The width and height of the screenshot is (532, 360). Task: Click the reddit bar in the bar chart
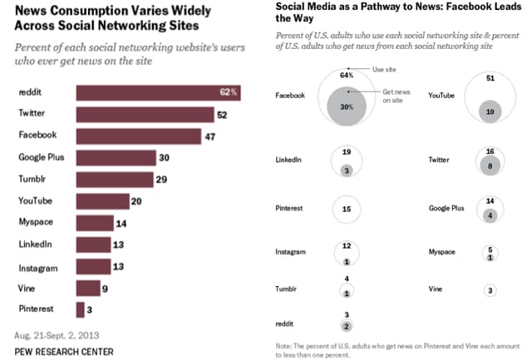(x=158, y=92)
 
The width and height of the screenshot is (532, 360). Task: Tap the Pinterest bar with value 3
(x=80, y=309)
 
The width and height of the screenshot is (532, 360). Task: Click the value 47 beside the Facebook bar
(x=210, y=136)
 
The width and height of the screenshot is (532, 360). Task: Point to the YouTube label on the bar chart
(x=36, y=200)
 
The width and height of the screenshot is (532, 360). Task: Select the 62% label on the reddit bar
(x=229, y=92)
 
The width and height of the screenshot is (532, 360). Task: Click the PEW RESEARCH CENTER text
(x=65, y=352)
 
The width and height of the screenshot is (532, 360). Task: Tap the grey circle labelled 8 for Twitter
(x=491, y=165)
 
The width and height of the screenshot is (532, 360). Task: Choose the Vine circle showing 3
(x=491, y=290)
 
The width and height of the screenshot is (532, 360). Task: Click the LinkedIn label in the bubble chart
(x=288, y=160)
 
